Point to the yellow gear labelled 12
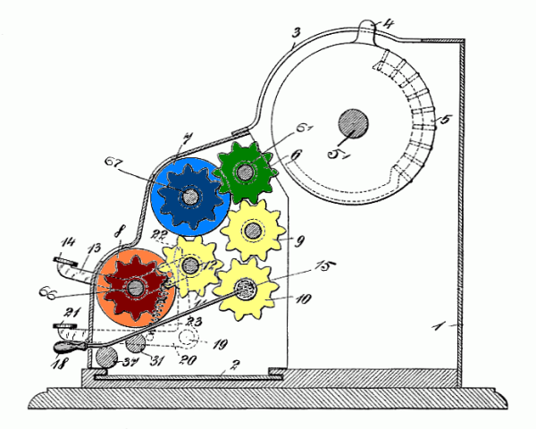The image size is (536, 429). pyautogui.click(x=189, y=265)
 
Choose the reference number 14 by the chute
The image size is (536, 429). pyautogui.click(x=65, y=241)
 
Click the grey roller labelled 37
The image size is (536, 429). pyautogui.click(x=106, y=357)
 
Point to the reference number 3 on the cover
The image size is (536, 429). pyautogui.click(x=296, y=33)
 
